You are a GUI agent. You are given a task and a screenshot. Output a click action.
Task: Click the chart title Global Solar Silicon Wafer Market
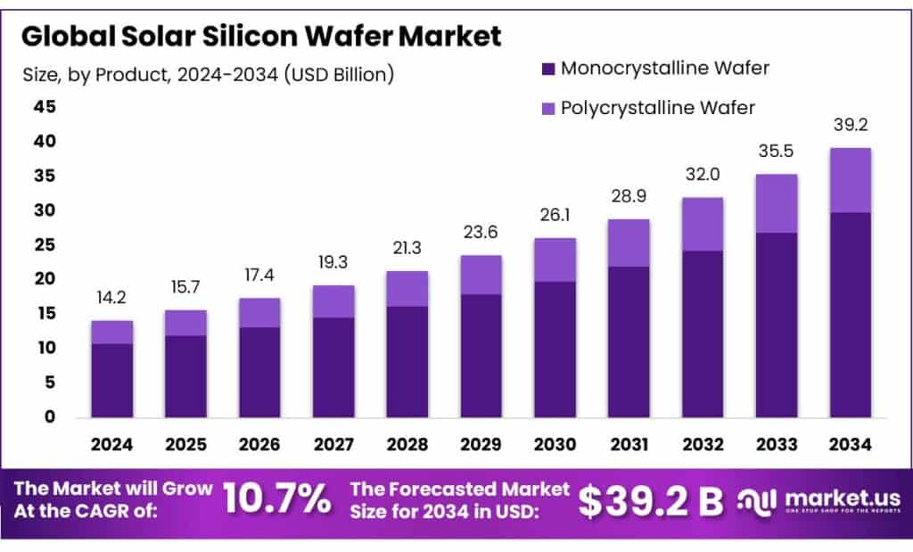click(261, 36)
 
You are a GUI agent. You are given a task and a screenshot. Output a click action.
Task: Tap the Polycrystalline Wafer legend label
click(658, 108)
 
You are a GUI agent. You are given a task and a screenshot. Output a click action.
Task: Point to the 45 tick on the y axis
click(45, 107)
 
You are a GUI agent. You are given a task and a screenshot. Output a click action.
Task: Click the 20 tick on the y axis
click(45, 279)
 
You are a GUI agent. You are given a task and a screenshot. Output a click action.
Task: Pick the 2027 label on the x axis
click(333, 443)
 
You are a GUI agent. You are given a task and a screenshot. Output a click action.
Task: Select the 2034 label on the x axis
click(850, 443)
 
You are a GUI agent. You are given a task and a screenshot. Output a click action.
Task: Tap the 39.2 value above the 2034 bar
click(850, 126)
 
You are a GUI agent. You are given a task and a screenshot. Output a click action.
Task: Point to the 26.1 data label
click(555, 217)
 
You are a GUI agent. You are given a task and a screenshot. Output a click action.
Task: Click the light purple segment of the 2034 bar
click(850, 180)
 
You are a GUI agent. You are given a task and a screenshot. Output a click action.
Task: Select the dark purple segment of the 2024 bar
click(111, 380)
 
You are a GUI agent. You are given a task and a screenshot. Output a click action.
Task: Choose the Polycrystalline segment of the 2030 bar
click(555, 260)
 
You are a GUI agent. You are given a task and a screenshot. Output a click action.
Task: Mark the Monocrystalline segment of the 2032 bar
click(702, 334)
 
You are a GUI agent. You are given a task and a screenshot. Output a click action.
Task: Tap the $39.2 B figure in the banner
click(650, 501)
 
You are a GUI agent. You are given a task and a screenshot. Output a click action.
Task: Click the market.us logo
click(818, 500)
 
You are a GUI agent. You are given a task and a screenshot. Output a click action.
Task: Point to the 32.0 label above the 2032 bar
click(702, 176)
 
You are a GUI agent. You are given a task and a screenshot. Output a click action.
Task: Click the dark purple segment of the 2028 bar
click(407, 361)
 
